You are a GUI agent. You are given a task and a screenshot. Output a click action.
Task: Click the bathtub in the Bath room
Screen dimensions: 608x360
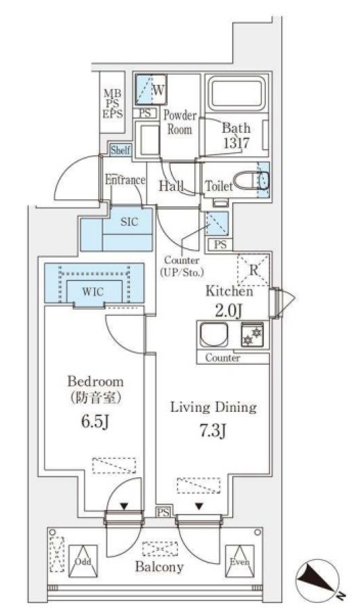click(x=236, y=94)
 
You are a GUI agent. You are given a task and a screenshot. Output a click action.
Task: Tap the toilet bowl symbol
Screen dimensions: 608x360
click(x=250, y=179)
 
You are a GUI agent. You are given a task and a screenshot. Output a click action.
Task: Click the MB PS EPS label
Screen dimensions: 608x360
click(x=112, y=103)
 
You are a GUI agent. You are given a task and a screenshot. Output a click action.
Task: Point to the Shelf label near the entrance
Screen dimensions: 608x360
click(x=121, y=150)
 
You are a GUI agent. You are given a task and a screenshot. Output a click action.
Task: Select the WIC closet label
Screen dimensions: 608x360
click(x=94, y=292)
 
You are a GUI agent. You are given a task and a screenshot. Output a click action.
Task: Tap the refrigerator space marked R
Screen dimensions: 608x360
click(x=253, y=269)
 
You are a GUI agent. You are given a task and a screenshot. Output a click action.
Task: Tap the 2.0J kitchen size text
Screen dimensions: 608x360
click(x=229, y=310)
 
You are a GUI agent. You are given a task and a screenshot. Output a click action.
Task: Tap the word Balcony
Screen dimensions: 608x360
click(x=159, y=566)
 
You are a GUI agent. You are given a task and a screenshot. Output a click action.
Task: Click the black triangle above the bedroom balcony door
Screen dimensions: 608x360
click(x=124, y=506)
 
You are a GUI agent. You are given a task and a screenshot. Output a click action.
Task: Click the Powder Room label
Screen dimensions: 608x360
click(x=179, y=122)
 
